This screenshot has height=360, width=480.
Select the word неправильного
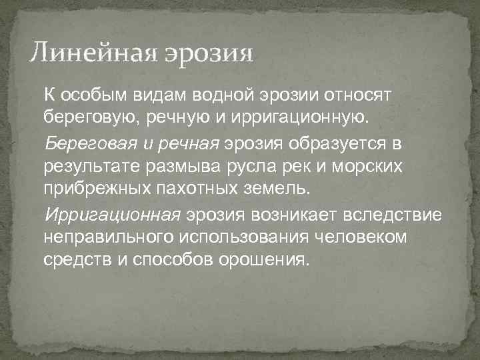point(105,237)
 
